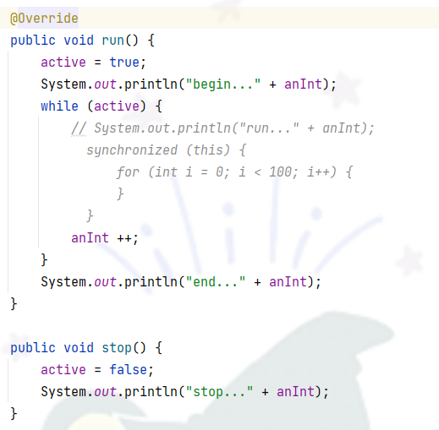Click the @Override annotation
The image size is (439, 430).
click(44, 19)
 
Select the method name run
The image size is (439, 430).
click(112, 41)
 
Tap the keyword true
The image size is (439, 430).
click(124, 62)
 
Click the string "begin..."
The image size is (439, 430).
click(223, 84)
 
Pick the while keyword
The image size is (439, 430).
click(59, 106)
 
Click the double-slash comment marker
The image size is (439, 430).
click(79, 128)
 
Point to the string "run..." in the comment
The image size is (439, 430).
click(269, 128)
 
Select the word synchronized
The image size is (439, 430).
click(132, 150)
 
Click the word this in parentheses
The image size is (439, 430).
click(208, 150)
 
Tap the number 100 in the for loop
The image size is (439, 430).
click(281, 171)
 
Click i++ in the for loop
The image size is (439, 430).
click(318, 171)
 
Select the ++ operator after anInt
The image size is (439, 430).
click(124, 238)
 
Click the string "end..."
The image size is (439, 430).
click(216, 282)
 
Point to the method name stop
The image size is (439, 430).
click(117, 348)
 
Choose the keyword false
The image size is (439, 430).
click(128, 369)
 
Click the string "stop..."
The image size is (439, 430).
click(219, 392)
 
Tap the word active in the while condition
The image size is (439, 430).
click(117, 106)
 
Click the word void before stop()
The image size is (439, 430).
click(79, 347)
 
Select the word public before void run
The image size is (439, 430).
click(33, 41)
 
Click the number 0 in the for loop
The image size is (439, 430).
click(219, 171)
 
